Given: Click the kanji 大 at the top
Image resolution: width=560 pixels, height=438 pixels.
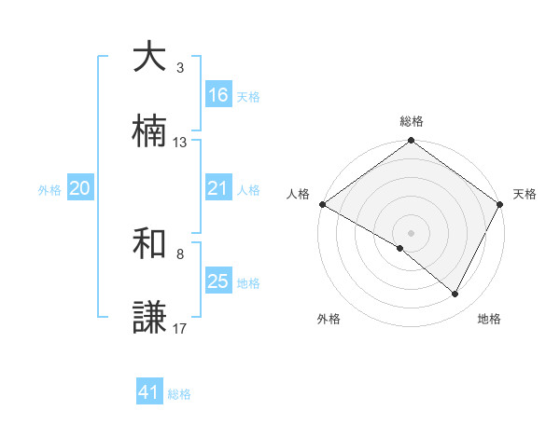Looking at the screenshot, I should [x=149, y=58].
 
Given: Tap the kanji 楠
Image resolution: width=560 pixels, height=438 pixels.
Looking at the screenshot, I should [x=149, y=132].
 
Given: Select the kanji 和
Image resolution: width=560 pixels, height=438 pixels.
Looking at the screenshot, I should [x=149, y=244].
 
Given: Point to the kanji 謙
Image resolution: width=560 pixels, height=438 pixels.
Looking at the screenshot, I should [x=149, y=318].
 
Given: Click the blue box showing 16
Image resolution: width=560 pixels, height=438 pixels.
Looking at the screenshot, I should [x=217, y=95].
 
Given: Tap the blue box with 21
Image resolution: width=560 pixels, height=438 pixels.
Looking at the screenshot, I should [x=217, y=188].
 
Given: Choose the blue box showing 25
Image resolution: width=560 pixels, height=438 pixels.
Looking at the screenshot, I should [x=217, y=281].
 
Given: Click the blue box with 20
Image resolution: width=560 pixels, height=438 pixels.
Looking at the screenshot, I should [x=80, y=188].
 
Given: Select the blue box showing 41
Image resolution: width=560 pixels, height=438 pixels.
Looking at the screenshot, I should [x=149, y=392].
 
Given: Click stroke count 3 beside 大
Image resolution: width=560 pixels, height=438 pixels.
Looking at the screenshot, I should [x=180, y=68].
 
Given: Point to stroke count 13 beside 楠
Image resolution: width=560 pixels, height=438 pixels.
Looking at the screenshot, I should [x=180, y=143].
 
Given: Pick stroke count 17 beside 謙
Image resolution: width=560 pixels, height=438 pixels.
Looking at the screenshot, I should [x=180, y=328].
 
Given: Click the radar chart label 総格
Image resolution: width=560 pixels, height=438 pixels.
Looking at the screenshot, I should [x=412, y=121].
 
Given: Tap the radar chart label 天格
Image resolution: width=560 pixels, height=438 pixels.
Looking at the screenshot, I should [x=525, y=194].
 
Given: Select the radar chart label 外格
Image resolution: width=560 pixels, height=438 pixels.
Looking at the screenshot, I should [x=329, y=319].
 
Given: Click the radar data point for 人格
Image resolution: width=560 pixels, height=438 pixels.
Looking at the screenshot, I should [x=322, y=204].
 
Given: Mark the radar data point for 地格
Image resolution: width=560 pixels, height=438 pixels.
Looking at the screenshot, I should [x=455, y=294].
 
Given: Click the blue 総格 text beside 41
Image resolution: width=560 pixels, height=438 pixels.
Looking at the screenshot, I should [x=179, y=394].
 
